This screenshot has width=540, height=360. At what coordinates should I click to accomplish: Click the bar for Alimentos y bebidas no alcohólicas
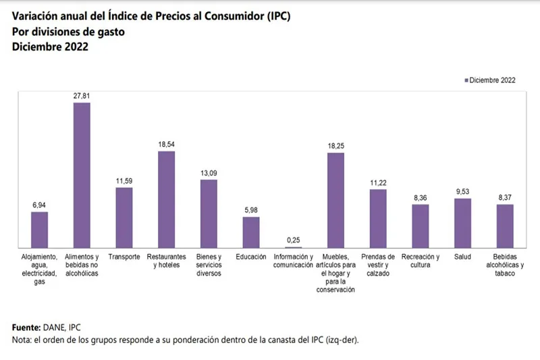tap(82, 176)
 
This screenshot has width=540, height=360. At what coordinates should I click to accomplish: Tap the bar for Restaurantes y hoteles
tap(167, 199)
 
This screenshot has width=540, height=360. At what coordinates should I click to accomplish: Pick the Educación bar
tap(251, 232)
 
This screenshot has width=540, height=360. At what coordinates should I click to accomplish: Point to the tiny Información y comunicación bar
tap(294, 247)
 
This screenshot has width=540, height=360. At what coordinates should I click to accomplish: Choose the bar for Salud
tap(462, 223)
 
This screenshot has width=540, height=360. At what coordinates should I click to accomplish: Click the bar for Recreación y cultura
tap(421, 226)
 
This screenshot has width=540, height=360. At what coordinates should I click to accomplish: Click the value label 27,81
tap(82, 97)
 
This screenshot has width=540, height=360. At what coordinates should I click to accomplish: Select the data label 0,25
tap(294, 240)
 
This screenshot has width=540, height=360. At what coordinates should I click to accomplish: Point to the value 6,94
tap(40, 205)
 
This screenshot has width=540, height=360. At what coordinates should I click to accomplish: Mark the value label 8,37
tap(505, 197)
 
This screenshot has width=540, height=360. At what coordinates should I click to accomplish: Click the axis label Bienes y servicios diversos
tap(209, 265)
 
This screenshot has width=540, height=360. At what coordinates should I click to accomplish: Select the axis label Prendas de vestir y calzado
tap(378, 265)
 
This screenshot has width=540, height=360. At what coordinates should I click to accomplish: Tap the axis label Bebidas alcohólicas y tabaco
tap(505, 265)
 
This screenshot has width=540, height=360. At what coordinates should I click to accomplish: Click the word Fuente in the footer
tap(26, 327)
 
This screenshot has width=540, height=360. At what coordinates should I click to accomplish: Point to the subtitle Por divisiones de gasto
tap(68, 32)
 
